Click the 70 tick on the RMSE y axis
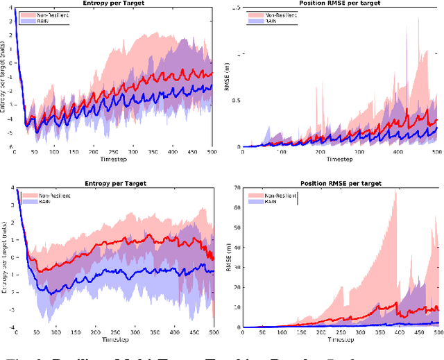point(235,187)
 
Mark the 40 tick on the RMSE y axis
point(235,248)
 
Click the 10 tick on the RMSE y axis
point(235,307)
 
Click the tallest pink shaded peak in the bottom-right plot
point(395,191)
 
